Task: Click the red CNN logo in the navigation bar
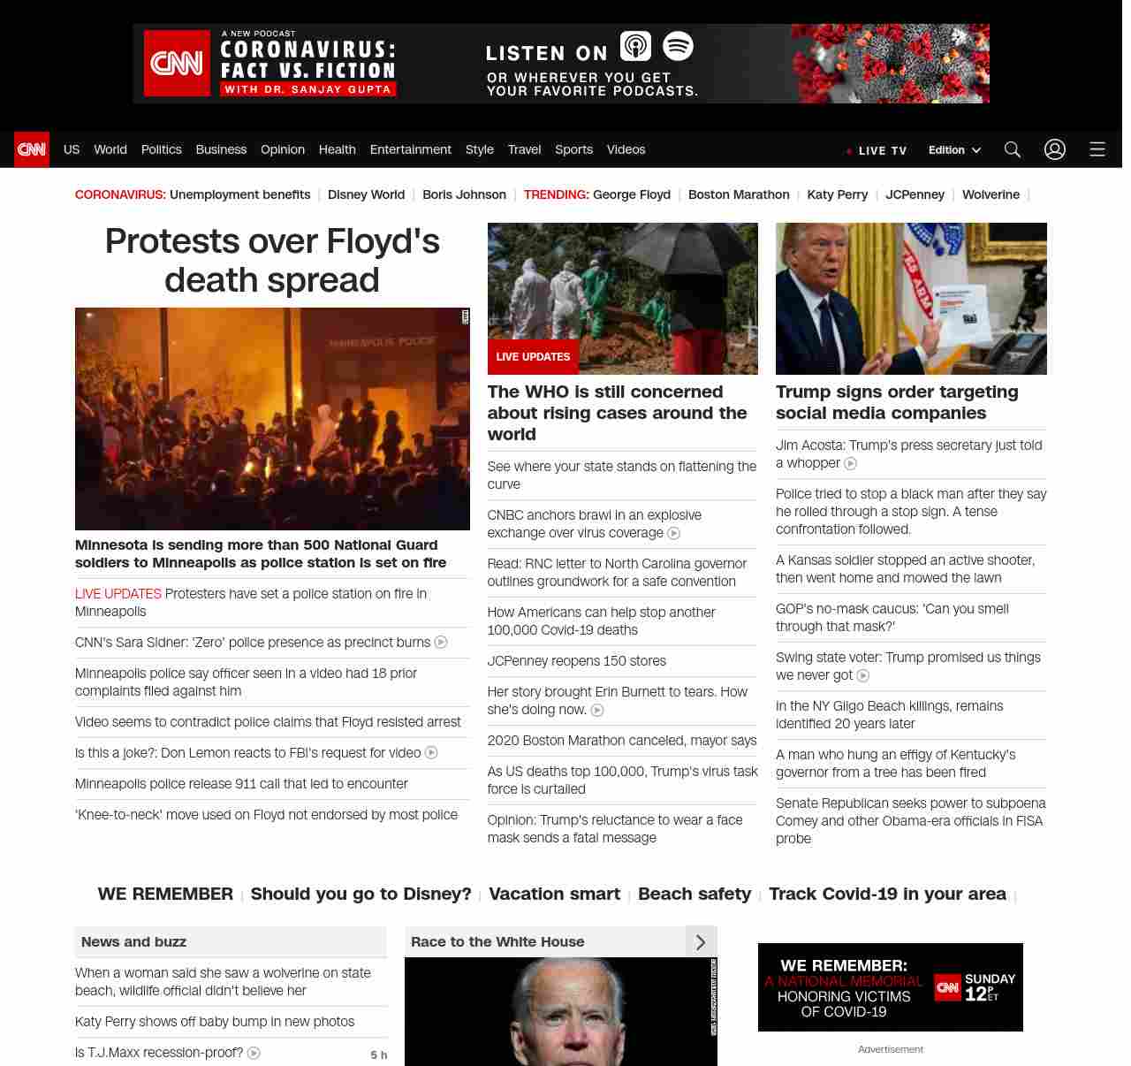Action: [x=32, y=149]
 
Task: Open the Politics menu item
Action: [x=161, y=149]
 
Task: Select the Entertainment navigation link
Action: [x=410, y=149]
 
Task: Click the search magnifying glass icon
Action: [x=1013, y=149]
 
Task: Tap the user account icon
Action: [x=1055, y=149]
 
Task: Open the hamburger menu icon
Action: [x=1097, y=149]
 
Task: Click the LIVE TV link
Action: [x=882, y=150]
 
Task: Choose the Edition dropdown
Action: [x=954, y=149]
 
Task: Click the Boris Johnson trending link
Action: [x=464, y=194]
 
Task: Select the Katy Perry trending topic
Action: [x=837, y=194]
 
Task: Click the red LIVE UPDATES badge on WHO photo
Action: [x=533, y=357]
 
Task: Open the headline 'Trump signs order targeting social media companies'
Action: [x=896, y=402]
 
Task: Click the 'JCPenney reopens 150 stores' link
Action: [x=576, y=661]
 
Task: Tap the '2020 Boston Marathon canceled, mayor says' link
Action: [x=621, y=741]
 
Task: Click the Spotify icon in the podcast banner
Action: [x=678, y=46]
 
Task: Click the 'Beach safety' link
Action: [x=694, y=894]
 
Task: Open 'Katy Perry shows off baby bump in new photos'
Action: [x=215, y=1022]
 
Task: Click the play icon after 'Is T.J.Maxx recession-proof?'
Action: [x=254, y=1053]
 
